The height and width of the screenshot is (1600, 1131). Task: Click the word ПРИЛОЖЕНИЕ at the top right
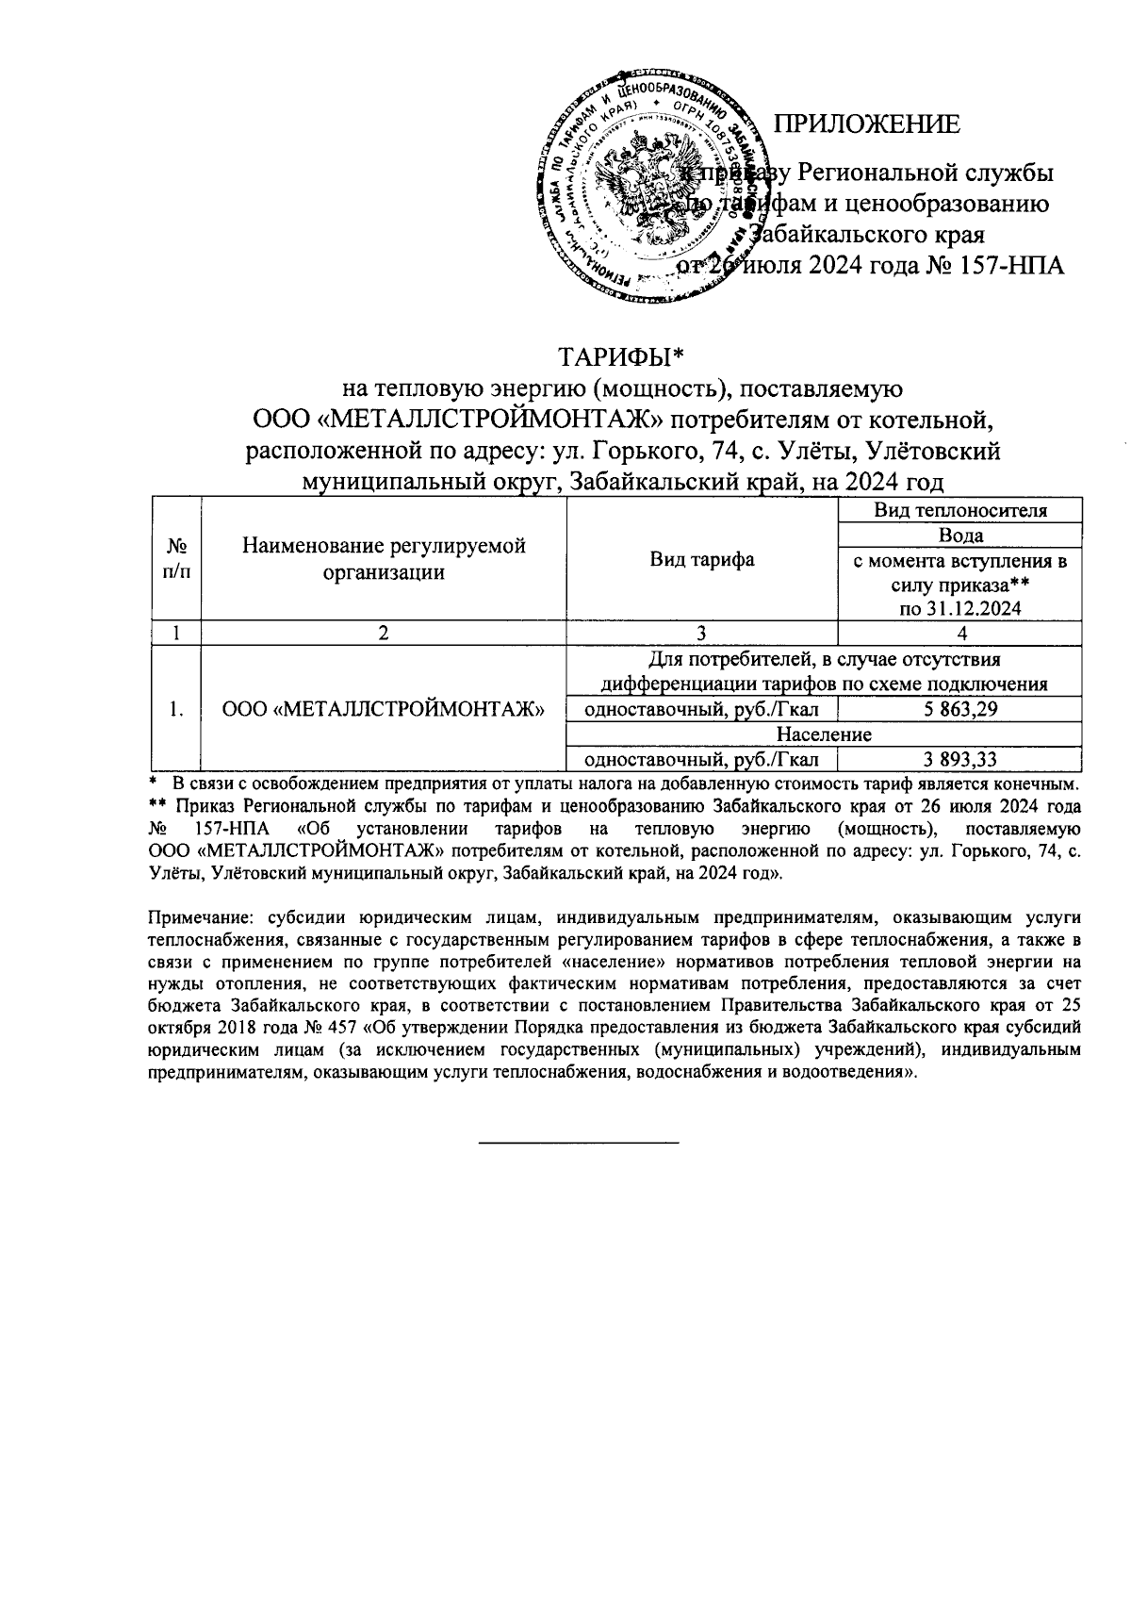[866, 124]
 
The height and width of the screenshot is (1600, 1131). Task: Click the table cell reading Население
[824, 734]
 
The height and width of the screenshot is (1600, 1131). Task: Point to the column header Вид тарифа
[702, 559]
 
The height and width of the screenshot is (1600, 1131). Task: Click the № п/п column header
[175, 559]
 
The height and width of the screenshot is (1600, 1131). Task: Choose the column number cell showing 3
[702, 634]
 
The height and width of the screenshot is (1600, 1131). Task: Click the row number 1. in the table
[176, 710]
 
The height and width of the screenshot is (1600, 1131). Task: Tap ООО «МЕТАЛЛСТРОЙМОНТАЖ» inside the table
[384, 710]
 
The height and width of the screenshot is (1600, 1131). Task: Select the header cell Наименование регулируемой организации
[384, 559]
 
